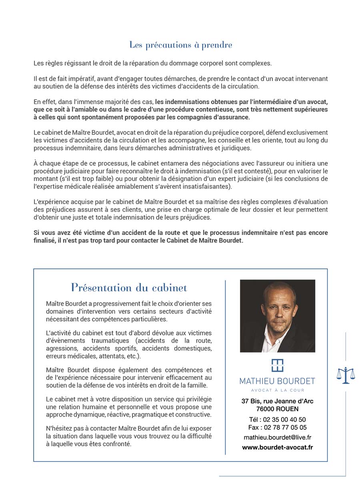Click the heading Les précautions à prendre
click(180, 45)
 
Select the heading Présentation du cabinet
click(129, 287)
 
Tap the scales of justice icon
click(346, 375)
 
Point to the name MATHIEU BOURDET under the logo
click(277, 381)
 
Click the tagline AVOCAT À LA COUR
click(277, 390)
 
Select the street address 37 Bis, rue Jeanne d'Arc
click(277, 401)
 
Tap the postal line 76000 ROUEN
click(277, 409)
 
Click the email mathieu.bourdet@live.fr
click(277, 438)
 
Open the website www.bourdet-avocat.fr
click(277, 447)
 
